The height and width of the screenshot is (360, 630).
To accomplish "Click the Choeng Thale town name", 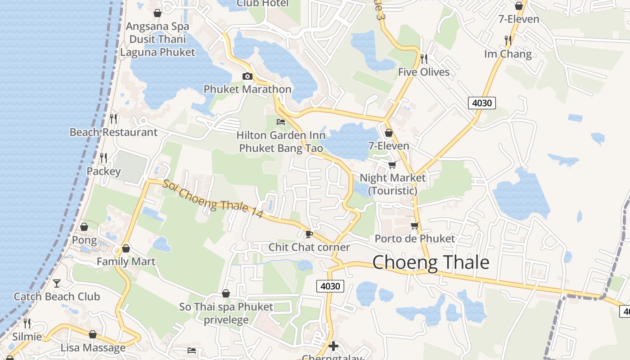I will (x=431, y=262).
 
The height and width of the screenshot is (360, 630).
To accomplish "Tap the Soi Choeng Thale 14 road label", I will (x=212, y=199).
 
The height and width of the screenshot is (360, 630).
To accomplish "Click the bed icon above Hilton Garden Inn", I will (x=281, y=122).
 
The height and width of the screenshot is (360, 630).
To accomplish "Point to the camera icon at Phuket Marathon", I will (x=247, y=76).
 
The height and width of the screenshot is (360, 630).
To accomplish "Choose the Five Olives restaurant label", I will (x=423, y=72).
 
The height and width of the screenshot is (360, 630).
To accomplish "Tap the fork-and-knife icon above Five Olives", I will (x=423, y=58).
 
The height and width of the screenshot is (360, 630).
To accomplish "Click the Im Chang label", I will (x=508, y=54).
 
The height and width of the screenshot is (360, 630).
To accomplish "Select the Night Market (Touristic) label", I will (x=392, y=184).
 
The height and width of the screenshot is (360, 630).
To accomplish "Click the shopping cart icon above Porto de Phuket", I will (x=414, y=225).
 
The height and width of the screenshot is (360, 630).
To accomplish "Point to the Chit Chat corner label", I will (x=309, y=247).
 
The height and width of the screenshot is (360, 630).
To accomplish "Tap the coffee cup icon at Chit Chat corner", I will (x=309, y=234).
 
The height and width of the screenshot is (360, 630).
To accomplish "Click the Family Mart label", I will (x=126, y=261).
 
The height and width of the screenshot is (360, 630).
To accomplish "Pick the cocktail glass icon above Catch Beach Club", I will (x=57, y=283).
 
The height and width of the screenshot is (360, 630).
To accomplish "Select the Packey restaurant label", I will (x=103, y=171).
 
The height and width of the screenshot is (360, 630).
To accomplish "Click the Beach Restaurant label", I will (x=113, y=132).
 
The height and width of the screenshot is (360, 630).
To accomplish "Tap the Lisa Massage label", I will (x=93, y=348).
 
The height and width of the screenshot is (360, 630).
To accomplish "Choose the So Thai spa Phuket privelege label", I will (x=226, y=313).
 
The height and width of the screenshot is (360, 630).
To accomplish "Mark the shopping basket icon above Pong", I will (x=84, y=227).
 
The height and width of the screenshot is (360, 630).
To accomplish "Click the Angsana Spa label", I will (x=157, y=27).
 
